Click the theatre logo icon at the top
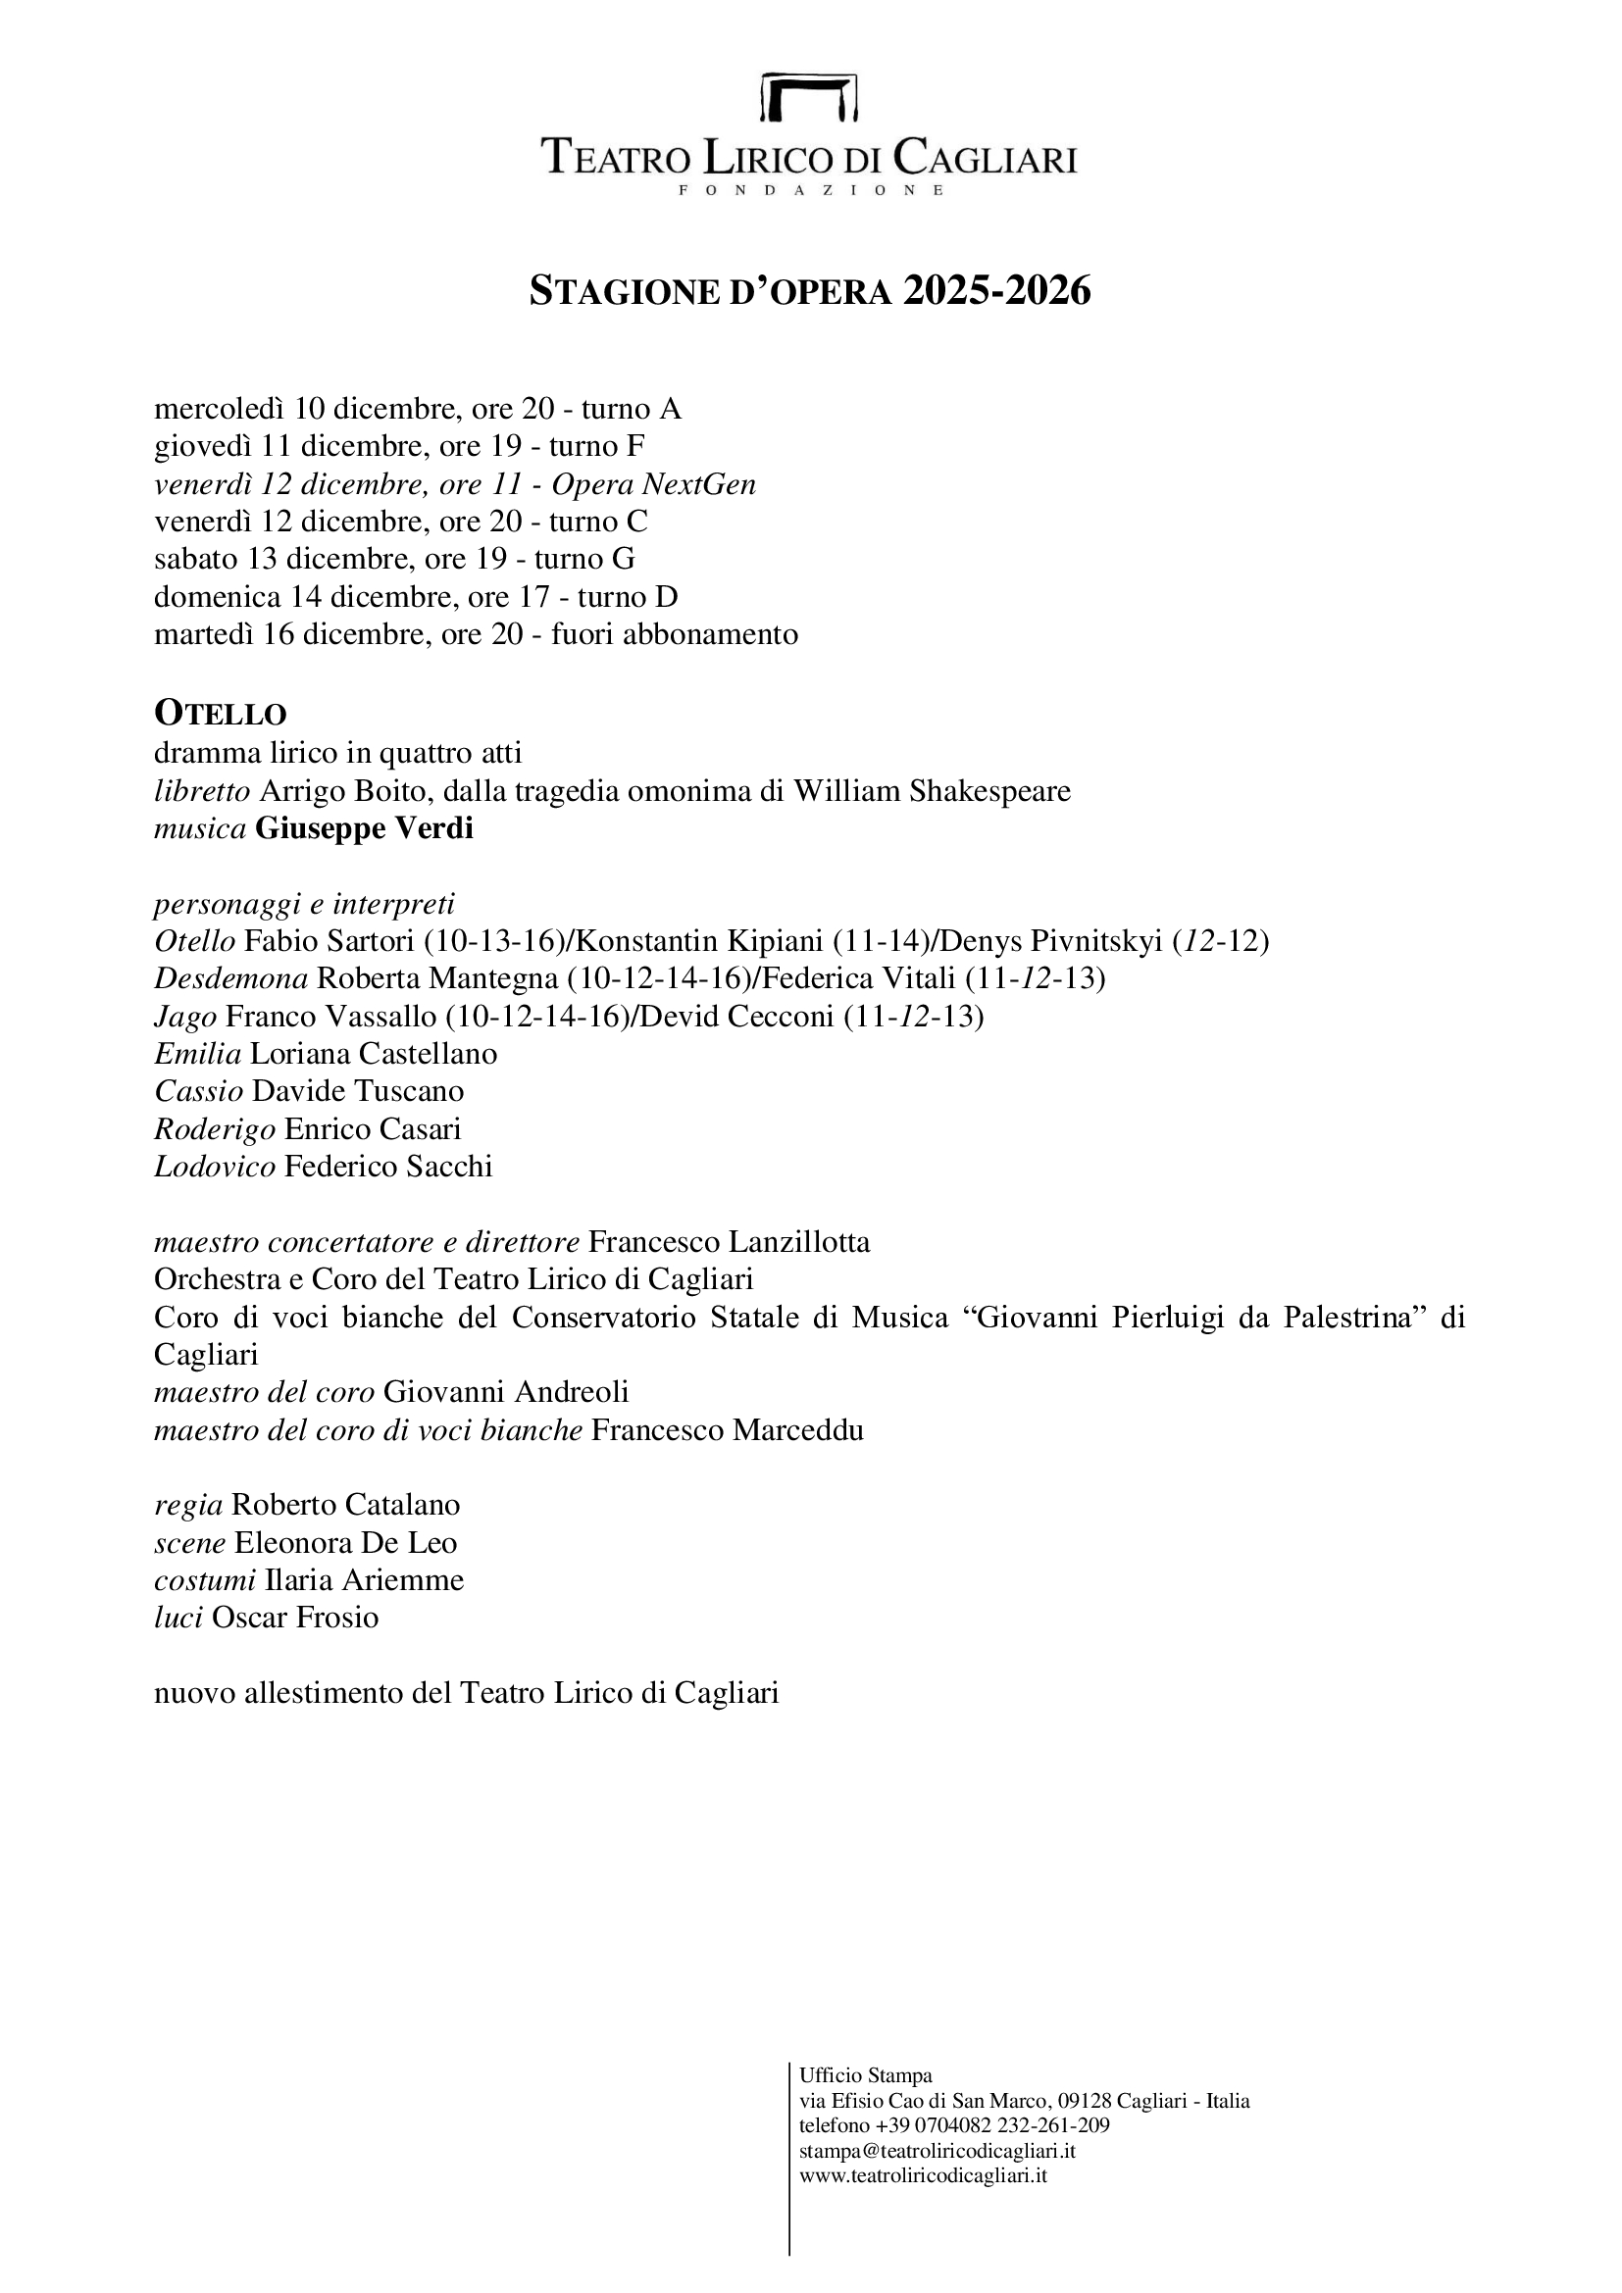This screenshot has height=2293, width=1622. [x=809, y=98]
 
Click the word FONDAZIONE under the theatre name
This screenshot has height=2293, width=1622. [x=810, y=190]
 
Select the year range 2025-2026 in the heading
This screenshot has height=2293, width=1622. [x=996, y=290]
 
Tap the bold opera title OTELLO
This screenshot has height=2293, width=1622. [x=220, y=713]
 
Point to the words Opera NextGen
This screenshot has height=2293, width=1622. [x=653, y=484]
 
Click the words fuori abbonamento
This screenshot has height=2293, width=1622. [x=674, y=634]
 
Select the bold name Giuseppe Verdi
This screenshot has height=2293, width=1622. [x=364, y=829]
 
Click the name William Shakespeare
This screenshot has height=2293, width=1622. [x=932, y=791]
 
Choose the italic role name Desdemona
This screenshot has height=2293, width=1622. [x=230, y=978]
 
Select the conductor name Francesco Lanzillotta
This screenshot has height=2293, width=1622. [x=729, y=1242]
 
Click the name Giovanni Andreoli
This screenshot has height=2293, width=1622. [x=505, y=1392]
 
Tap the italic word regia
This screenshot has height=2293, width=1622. [x=187, y=1505]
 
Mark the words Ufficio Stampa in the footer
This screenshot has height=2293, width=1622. [x=865, y=2076]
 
